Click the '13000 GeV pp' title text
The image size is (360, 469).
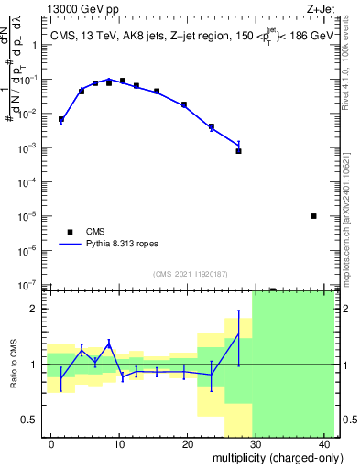pyautogui.click(x=81, y=10)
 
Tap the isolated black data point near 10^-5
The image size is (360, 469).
pyautogui.click(x=313, y=216)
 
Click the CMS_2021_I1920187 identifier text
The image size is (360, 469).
pyautogui.click(x=189, y=273)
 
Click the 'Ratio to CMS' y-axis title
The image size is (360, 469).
pyautogui.click(x=13, y=365)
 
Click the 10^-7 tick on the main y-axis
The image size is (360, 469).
pyautogui.click(x=29, y=285)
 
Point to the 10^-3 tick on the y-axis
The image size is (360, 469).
pyautogui.click(x=29, y=147)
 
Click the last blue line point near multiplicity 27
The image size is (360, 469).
pyautogui.click(x=238, y=144)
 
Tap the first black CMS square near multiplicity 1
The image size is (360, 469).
pyautogui.click(x=61, y=119)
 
